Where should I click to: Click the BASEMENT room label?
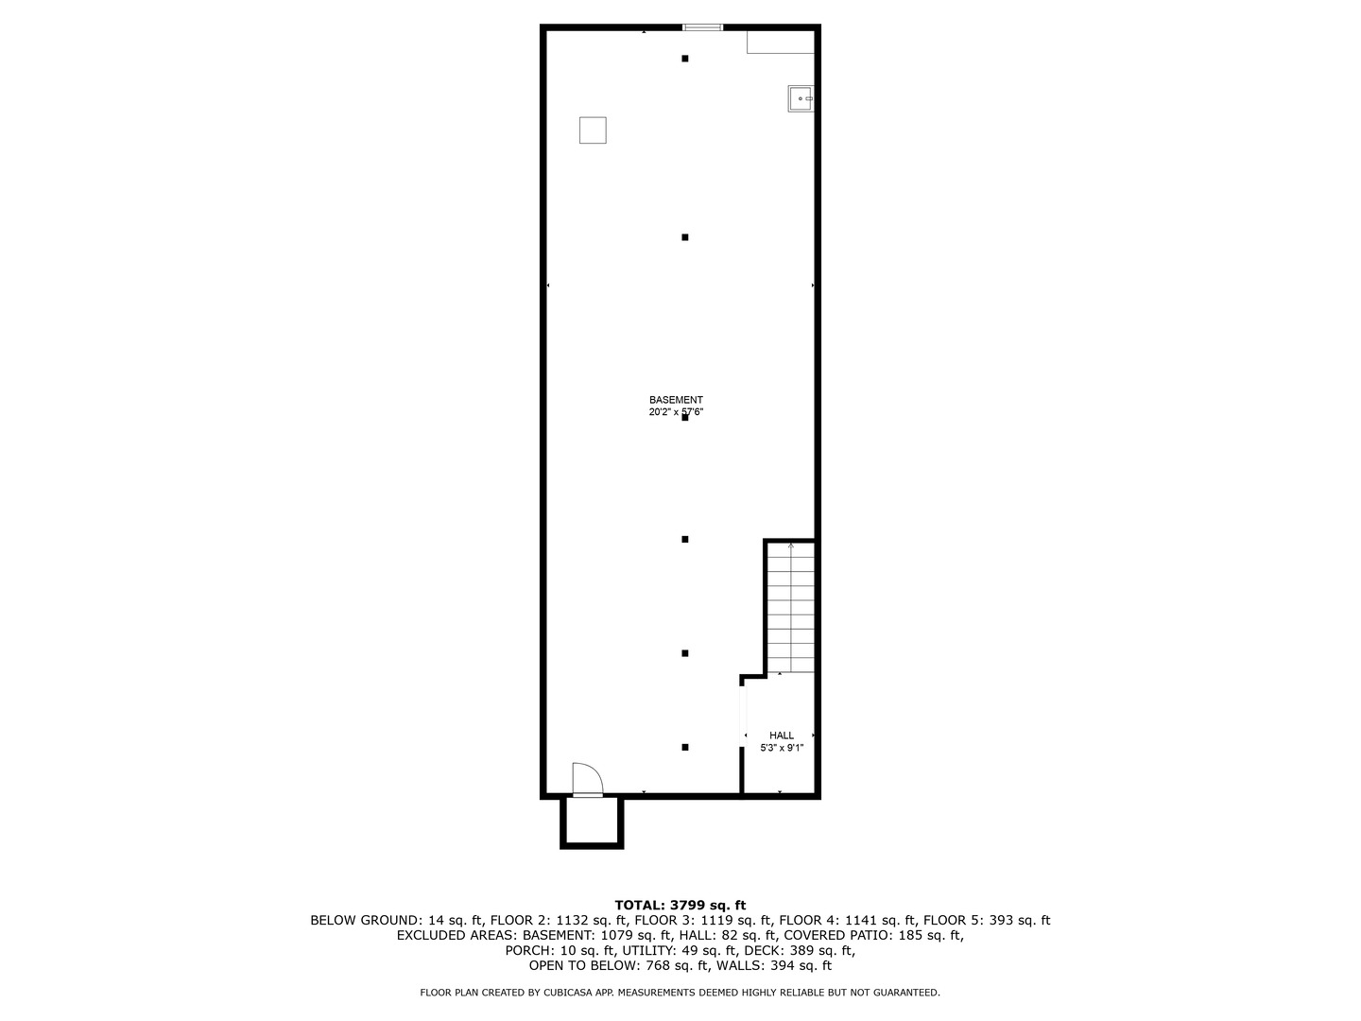(x=676, y=400)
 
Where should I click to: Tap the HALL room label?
(x=782, y=735)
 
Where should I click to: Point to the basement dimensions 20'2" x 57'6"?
(x=676, y=412)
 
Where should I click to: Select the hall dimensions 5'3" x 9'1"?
(x=782, y=748)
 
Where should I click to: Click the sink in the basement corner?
(x=801, y=98)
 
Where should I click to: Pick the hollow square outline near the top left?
(x=593, y=130)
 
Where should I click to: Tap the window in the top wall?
(x=702, y=27)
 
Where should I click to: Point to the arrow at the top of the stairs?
(x=790, y=545)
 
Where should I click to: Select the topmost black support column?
(x=685, y=59)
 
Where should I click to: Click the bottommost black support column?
(x=685, y=747)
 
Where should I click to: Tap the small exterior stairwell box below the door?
(x=592, y=822)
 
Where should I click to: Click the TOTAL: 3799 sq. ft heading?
(x=680, y=906)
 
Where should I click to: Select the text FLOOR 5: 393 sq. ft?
(x=987, y=921)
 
